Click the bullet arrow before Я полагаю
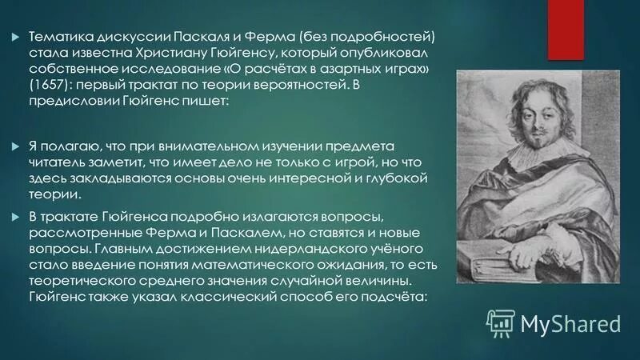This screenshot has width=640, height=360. pos(17,146)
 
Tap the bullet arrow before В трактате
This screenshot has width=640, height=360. pos(17,218)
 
